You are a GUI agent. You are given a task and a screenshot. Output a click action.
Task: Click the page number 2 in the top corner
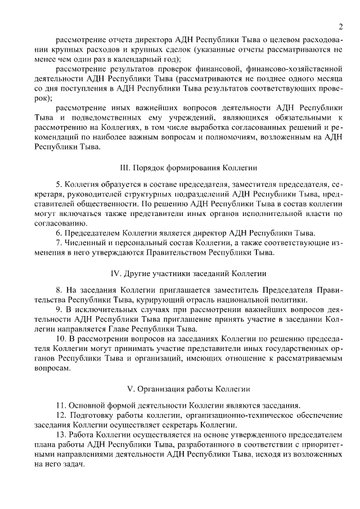(x=341, y=26)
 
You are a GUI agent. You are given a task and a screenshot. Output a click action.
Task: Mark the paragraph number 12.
(x=61, y=416)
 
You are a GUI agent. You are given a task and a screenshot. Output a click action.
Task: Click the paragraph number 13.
(x=61, y=435)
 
